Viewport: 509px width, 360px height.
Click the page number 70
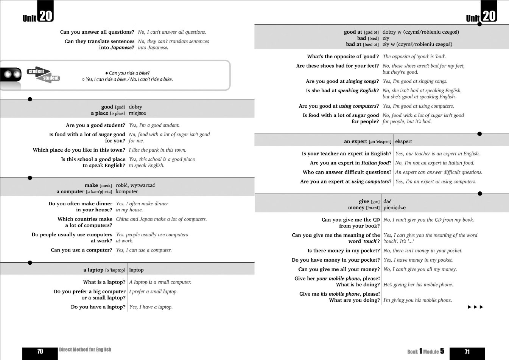40,352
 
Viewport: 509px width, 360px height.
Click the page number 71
467,352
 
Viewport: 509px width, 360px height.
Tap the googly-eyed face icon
11,74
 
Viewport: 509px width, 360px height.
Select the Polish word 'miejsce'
137,113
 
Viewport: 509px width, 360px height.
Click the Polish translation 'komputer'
127,191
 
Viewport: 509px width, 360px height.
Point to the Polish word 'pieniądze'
394,208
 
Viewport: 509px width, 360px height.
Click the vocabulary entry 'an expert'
355,141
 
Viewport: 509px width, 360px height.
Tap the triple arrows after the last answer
476,307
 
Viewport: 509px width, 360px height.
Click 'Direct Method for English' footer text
85,350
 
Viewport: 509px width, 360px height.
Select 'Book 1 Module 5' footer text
426,351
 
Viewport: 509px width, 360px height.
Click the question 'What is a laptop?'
104,282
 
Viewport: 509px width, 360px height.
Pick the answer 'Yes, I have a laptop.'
151,307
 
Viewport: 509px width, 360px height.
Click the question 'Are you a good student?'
95,125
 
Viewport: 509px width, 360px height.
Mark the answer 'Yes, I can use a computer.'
144,250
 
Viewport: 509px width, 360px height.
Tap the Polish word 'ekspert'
403,141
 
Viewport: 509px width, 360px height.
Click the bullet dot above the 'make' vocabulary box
30,178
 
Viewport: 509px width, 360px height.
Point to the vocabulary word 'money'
356,208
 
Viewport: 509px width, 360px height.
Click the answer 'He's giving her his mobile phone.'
418,285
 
